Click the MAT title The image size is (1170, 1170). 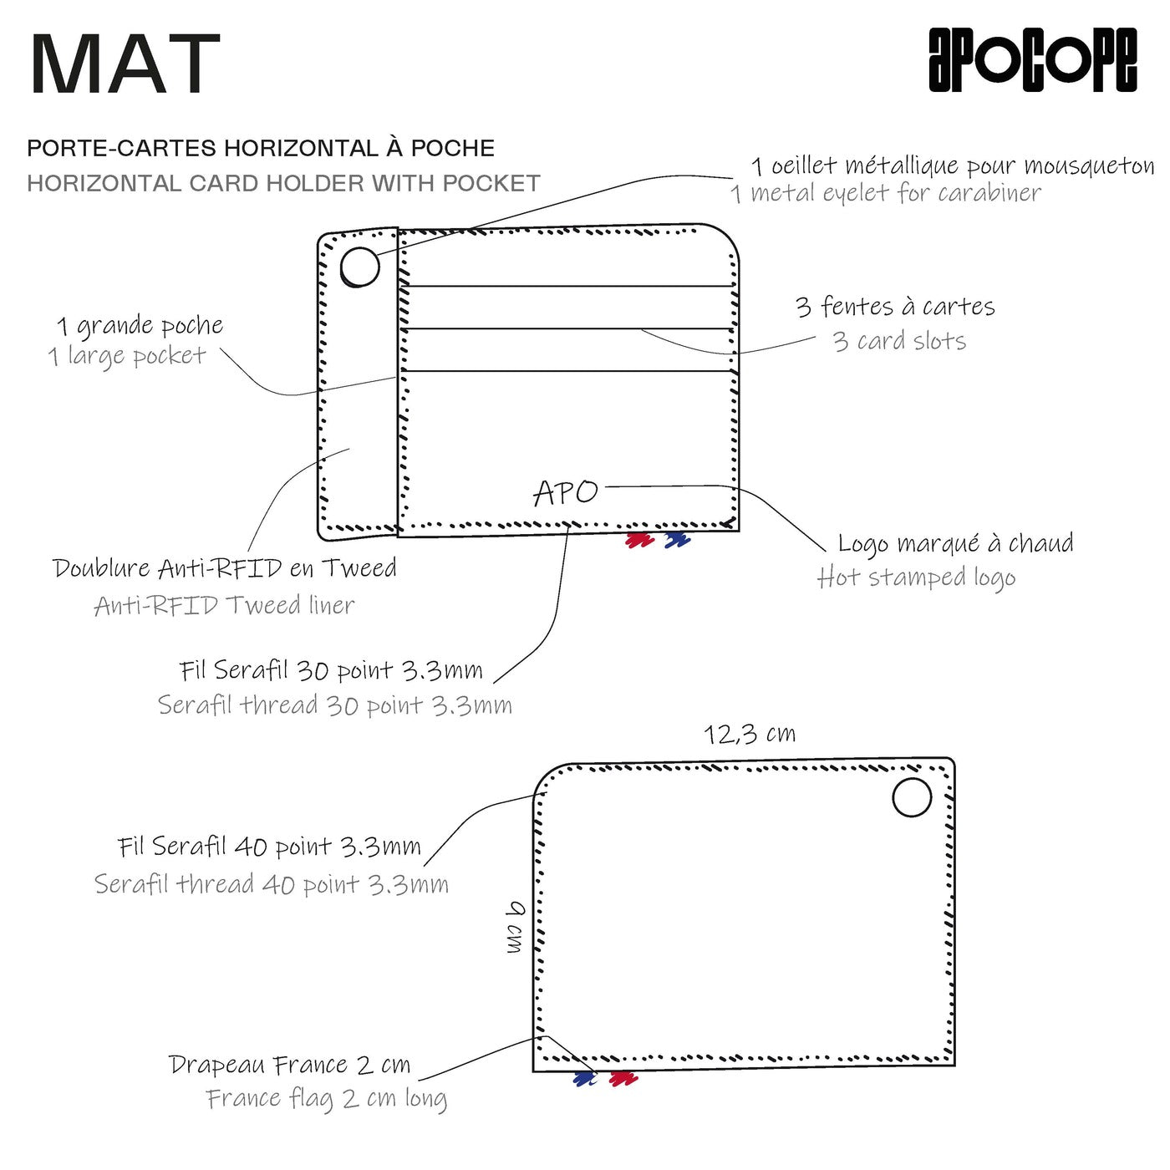point(125,64)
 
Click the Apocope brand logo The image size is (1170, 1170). point(1032,59)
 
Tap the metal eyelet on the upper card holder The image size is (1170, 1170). point(360,267)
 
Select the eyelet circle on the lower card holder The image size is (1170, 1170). point(912,797)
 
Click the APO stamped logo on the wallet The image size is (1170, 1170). point(566,492)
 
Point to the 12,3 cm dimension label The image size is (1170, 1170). point(750,734)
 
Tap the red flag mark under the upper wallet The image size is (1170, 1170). point(640,541)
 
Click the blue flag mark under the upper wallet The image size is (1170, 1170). point(677,541)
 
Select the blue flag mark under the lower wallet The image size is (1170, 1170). point(586,1079)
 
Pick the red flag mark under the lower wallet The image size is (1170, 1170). point(623,1079)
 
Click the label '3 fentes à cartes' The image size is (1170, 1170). point(895,307)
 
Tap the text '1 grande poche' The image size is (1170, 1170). point(140,325)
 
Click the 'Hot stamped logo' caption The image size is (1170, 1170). point(917,577)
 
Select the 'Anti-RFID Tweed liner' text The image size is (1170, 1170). point(224,605)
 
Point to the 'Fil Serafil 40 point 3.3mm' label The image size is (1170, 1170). point(269,847)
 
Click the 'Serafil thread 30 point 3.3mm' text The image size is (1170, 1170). point(334,705)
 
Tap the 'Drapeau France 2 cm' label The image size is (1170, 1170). point(289,1065)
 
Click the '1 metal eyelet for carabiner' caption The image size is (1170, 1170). point(886,194)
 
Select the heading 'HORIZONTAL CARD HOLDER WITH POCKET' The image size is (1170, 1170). point(283,183)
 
